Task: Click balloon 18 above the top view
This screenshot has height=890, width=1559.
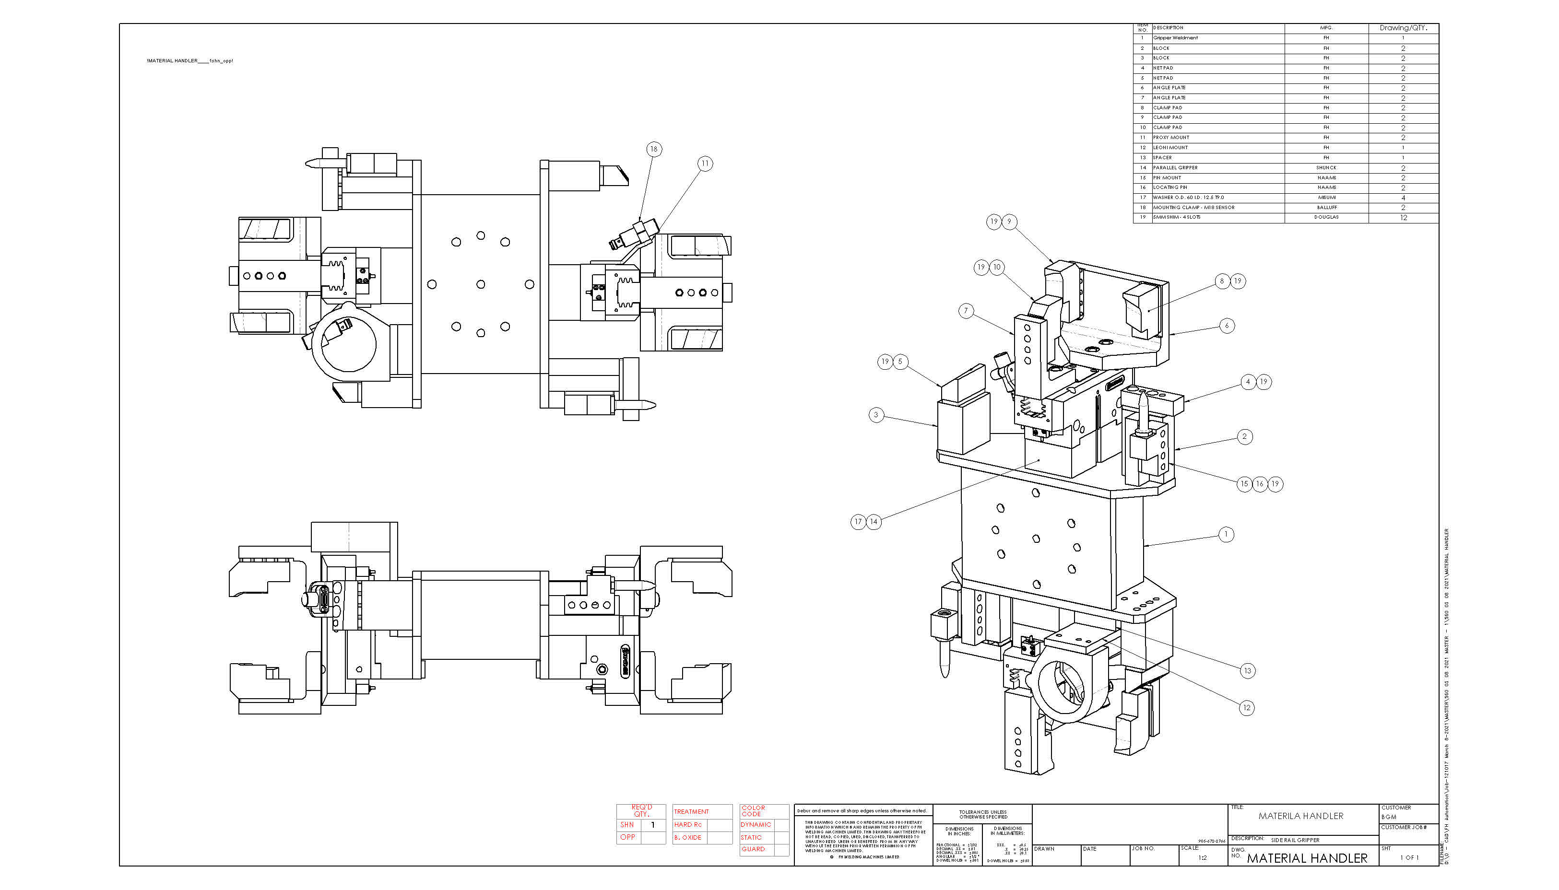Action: (x=653, y=149)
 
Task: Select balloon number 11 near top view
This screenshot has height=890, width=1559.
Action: (x=705, y=163)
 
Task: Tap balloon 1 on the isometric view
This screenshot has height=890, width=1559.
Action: (x=1225, y=534)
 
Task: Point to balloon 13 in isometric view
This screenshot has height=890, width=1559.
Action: (x=1247, y=670)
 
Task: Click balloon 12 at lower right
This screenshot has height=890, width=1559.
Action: (x=1246, y=708)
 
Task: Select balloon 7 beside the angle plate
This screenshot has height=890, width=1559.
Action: (x=966, y=311)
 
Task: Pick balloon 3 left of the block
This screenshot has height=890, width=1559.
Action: (x=875, y=414)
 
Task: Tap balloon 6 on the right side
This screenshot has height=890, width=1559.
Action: (x=1227, y=325)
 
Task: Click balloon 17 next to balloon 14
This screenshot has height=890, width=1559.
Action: (x=858, y=521)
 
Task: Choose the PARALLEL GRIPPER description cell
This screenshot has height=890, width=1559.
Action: (x=1175, y=167)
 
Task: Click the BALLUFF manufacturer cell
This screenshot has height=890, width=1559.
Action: (x=1326, y=207)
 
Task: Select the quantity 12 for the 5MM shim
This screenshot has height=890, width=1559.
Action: (x=1403, y=218)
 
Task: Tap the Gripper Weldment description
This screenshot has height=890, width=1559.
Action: (x=1175, y=38)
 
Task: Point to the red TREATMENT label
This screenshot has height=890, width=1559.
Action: (x=691, y=812)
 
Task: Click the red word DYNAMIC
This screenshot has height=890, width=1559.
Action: (x=755, y=825)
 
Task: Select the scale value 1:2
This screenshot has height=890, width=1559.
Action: (x=1202, y=857)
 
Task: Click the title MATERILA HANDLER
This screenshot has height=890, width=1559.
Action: (x=1300, y=816)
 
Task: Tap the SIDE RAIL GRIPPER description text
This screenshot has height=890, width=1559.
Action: (x=1294, y=840)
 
